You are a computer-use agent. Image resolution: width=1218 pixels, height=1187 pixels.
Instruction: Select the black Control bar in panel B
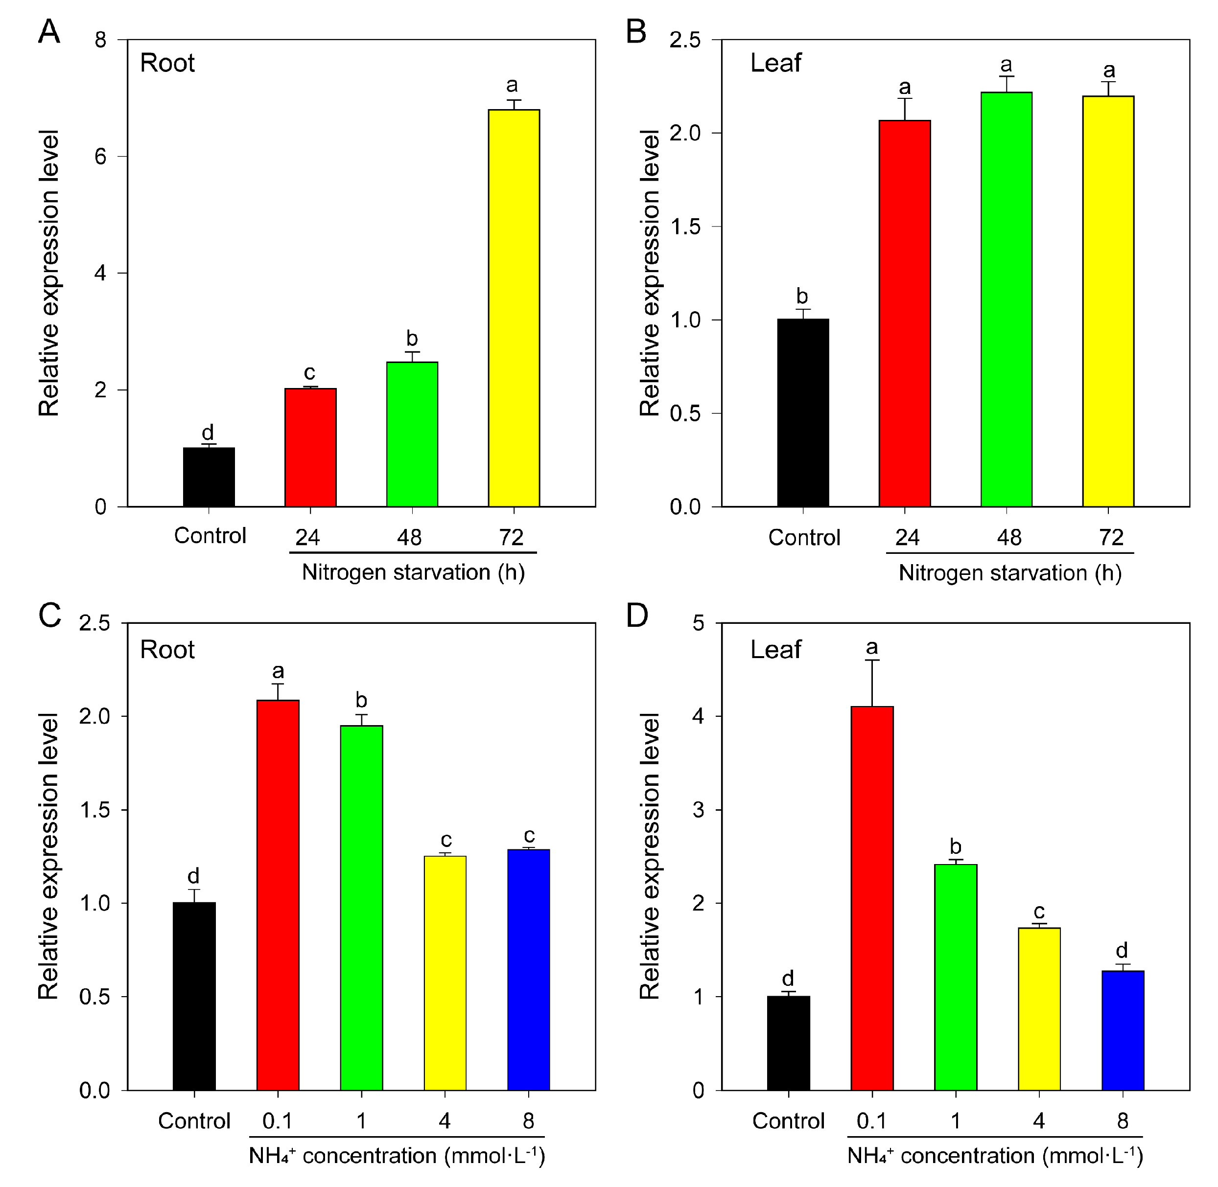tap(803, 412)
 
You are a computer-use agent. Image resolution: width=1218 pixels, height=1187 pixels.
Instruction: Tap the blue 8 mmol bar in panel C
tap(528, 969)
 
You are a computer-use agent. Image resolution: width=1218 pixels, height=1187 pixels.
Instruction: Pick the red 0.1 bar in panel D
tap(872, 898)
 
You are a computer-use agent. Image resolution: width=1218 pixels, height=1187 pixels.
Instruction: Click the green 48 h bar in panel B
tap(1006, 299)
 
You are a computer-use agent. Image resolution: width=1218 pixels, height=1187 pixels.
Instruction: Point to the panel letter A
tap(49, 31)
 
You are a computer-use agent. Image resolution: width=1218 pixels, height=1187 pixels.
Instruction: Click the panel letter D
tap(637, 616)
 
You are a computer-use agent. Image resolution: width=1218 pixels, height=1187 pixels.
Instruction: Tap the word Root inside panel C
tap(167, 650)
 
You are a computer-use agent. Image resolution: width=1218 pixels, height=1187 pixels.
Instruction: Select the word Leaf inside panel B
tap(775, 63)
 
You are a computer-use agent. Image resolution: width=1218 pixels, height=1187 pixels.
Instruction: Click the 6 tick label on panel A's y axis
tap(100, 157)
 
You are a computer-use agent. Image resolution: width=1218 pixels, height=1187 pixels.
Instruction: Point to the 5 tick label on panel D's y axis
tap(699, 623)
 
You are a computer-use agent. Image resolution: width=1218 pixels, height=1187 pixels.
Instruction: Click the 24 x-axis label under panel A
tap(307, 537)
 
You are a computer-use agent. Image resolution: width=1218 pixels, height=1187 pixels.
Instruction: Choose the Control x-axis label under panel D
tap(788, 1121)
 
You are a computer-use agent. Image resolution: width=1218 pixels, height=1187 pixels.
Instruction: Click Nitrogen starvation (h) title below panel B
tap(1010, 572)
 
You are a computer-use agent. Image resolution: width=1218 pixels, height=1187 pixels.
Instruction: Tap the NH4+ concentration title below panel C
tap(397, 1155)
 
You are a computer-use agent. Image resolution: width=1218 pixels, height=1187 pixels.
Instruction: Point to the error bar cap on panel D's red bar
tap(872, 660)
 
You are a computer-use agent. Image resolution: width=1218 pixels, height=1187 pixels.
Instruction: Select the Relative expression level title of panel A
tap(48, 273)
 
